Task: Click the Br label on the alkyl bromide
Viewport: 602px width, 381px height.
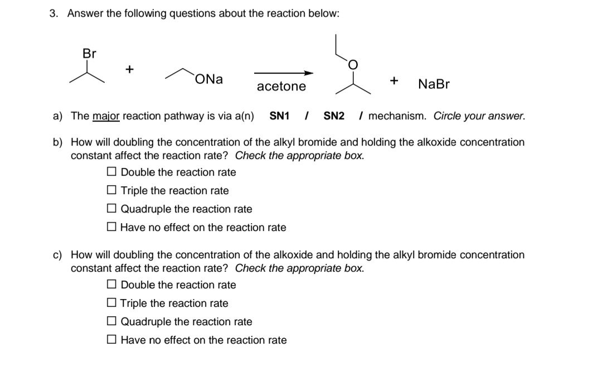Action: (89, 54)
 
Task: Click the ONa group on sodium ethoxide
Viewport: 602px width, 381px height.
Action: (210, 79)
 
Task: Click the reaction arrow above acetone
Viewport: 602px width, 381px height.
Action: (284, 73)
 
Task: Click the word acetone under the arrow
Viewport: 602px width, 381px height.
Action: (281, 86)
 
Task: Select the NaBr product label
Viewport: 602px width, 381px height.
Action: (434, 84)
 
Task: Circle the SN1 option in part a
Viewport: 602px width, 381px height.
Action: (279, 116)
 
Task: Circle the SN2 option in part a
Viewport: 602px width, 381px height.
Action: (334, 116)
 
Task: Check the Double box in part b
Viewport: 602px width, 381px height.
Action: (112, 172)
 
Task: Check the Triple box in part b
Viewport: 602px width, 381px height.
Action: (112, 190)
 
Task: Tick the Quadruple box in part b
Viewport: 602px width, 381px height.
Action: (112, 209)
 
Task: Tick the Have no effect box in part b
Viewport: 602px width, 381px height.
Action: (112, 227)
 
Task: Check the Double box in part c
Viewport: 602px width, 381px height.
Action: (112, 284)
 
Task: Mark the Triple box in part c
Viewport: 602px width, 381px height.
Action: (112, 303)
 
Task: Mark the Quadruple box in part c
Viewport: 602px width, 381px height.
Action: (112, 321)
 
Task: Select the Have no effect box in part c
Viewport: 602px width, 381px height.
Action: (112, 340)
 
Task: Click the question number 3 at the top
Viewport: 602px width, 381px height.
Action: (53, 13)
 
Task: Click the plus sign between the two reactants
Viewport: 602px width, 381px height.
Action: (129, 69)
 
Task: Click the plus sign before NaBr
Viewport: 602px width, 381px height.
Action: (394, 81)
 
